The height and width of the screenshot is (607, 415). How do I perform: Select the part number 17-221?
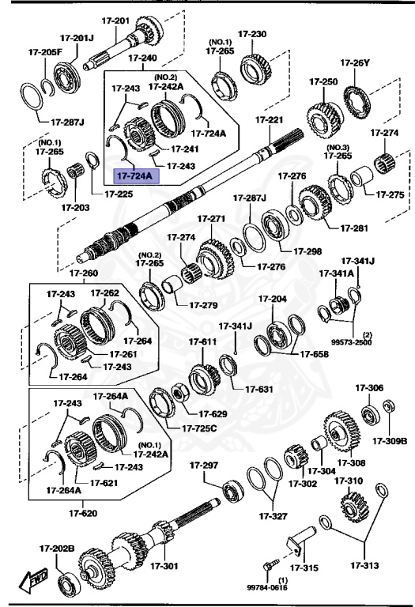(269, 120)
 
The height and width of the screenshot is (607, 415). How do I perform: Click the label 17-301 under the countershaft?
(165, 566)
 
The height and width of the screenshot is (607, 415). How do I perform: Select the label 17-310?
(349, 480)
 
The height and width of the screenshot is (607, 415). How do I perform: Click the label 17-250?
(323, 81)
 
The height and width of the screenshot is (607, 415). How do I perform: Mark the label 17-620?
(83, 512)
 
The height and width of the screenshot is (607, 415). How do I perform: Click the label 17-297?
(216, 466)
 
